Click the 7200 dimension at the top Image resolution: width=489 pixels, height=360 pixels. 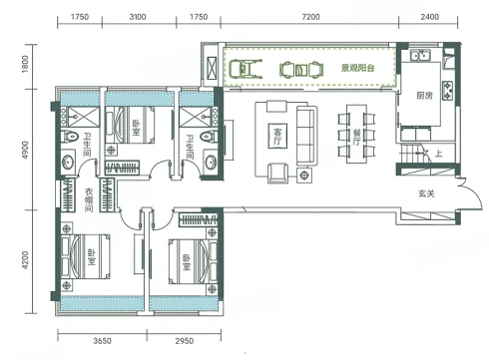coord(310,17)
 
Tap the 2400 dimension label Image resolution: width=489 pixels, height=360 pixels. coord(429,17)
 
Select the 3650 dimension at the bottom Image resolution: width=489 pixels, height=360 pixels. coord(102,341)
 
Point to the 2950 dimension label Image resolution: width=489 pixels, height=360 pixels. coord(185,341)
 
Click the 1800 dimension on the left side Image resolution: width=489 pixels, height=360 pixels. coord(25,64)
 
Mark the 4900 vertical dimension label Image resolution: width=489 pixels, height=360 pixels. coord(25,150)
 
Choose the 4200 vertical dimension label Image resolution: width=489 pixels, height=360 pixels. coord(25,260)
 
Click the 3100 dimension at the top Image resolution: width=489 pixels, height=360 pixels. coord(138,17)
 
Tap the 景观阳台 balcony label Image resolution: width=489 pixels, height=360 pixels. coord(357,68)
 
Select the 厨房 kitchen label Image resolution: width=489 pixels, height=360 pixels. coord(424,96)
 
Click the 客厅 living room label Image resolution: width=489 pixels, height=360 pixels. coord(277,136)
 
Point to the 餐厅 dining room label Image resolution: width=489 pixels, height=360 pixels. coord(356,137)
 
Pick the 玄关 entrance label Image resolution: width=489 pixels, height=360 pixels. coord(426,193)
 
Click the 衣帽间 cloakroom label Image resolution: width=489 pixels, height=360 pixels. coord(89,200)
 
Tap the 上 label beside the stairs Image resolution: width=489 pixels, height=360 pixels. coord(438,154)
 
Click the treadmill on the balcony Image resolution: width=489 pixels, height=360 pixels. coord(245,69)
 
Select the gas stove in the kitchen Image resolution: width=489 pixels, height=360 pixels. coord(448,91)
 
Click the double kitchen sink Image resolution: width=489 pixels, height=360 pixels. coord(420,55)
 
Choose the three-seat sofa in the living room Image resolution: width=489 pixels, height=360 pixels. coord(306,136)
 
